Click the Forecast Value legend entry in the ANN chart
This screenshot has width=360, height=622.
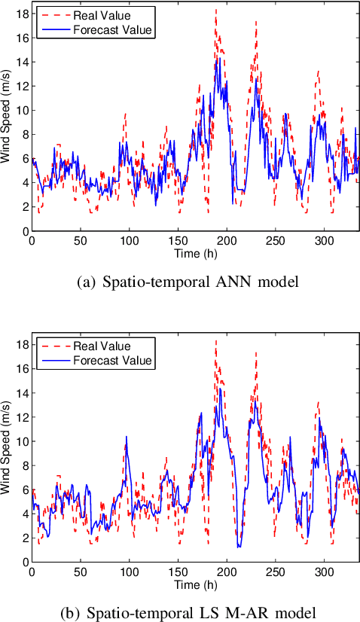[x=113, y=30]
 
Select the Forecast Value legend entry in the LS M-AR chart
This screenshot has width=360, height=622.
[x=113, y=361]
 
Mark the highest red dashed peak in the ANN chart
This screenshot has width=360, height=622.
[x=215, y=10]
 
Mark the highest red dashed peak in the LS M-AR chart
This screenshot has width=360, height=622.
[x=215, y=340]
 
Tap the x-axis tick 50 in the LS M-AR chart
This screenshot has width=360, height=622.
[x=80, y=572]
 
